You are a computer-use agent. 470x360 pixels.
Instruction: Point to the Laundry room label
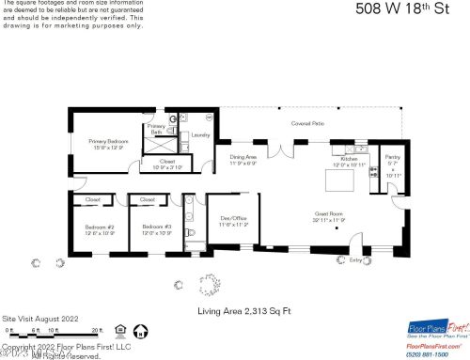[x=199, y=135]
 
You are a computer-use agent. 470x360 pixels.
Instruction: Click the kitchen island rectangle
[x=341, y=178]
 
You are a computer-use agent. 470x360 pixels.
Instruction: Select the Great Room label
[x=330, y=217]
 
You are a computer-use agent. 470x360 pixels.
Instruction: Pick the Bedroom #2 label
[x=100, y=228]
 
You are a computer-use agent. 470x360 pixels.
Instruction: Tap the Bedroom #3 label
[x=156, y=228]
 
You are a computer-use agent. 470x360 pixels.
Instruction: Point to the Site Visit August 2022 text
[x=36, y=320]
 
